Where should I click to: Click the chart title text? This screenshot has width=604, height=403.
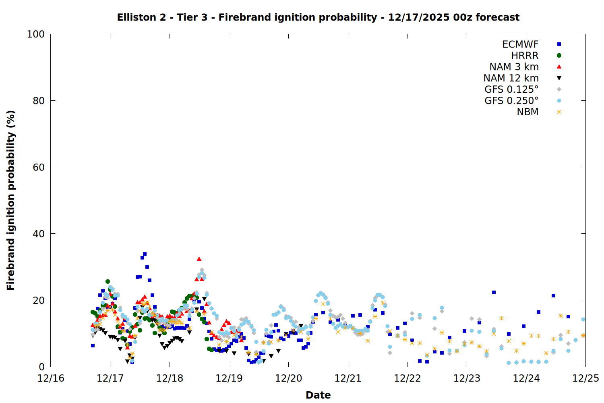318,17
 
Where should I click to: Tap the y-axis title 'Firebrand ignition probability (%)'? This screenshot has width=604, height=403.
11,200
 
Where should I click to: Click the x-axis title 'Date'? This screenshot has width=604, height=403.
318,395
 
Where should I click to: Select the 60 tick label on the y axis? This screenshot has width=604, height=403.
38,167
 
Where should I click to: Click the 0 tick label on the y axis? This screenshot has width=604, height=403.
41,367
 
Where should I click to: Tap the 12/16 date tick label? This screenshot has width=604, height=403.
51,378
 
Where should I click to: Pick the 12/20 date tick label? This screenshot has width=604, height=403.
288,378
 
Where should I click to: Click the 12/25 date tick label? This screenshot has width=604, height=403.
585,378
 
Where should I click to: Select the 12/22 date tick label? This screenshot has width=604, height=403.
407,378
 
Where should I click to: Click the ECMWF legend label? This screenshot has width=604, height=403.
520,44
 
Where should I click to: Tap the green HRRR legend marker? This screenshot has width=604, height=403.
559,56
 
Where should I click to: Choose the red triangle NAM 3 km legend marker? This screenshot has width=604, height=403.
559,66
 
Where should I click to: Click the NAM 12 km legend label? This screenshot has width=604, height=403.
511,78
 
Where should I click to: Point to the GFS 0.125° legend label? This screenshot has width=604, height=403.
511,89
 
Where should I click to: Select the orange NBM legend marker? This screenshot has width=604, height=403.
559,112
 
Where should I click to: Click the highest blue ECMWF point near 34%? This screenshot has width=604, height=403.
145,254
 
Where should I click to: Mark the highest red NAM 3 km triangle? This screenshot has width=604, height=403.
199,259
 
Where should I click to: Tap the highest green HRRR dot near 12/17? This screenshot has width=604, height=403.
108,282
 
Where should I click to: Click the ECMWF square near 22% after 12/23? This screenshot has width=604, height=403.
494,292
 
